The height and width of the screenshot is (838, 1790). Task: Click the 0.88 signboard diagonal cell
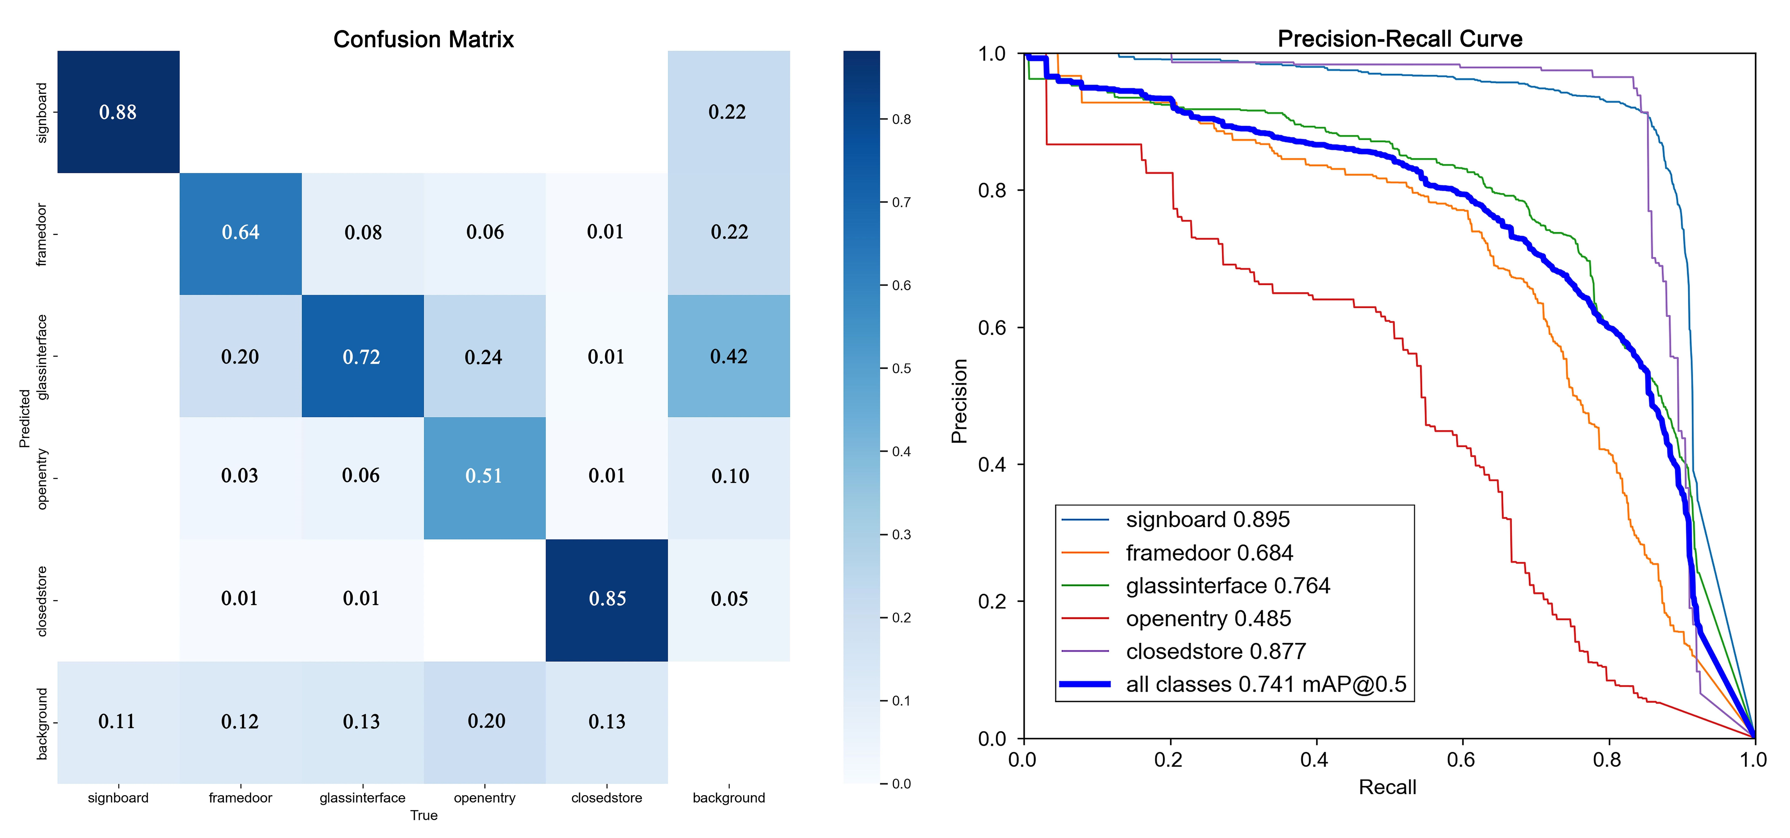click(118, 112)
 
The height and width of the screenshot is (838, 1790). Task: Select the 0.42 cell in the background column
click(728, 357)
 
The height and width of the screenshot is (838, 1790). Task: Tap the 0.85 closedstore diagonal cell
click(607, 599)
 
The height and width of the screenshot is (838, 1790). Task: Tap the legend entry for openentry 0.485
click(1208, 618)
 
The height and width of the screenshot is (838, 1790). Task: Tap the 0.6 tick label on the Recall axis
click(1461, 759)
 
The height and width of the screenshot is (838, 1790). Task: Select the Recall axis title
click(1387, 787)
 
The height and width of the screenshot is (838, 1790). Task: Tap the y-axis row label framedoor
click(42, 234)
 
